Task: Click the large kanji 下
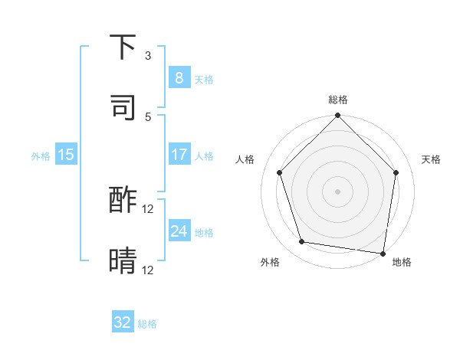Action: point(123,48)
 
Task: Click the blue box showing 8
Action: point(179,78)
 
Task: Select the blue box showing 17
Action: point(179,155)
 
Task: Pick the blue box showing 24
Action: point(179,231)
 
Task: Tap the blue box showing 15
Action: point(66,155)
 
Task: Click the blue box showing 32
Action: point(123,322)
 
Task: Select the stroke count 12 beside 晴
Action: point(148,270)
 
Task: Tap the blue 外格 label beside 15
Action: point(41,155)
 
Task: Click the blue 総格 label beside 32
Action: point(147,324)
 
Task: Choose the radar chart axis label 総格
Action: point(337,100)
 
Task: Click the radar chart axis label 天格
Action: point(431,159)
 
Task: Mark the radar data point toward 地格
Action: point(383,253)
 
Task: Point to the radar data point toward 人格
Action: point(279,172)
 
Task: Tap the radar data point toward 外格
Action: point(302,242)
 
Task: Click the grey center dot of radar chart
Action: point(337,191)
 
